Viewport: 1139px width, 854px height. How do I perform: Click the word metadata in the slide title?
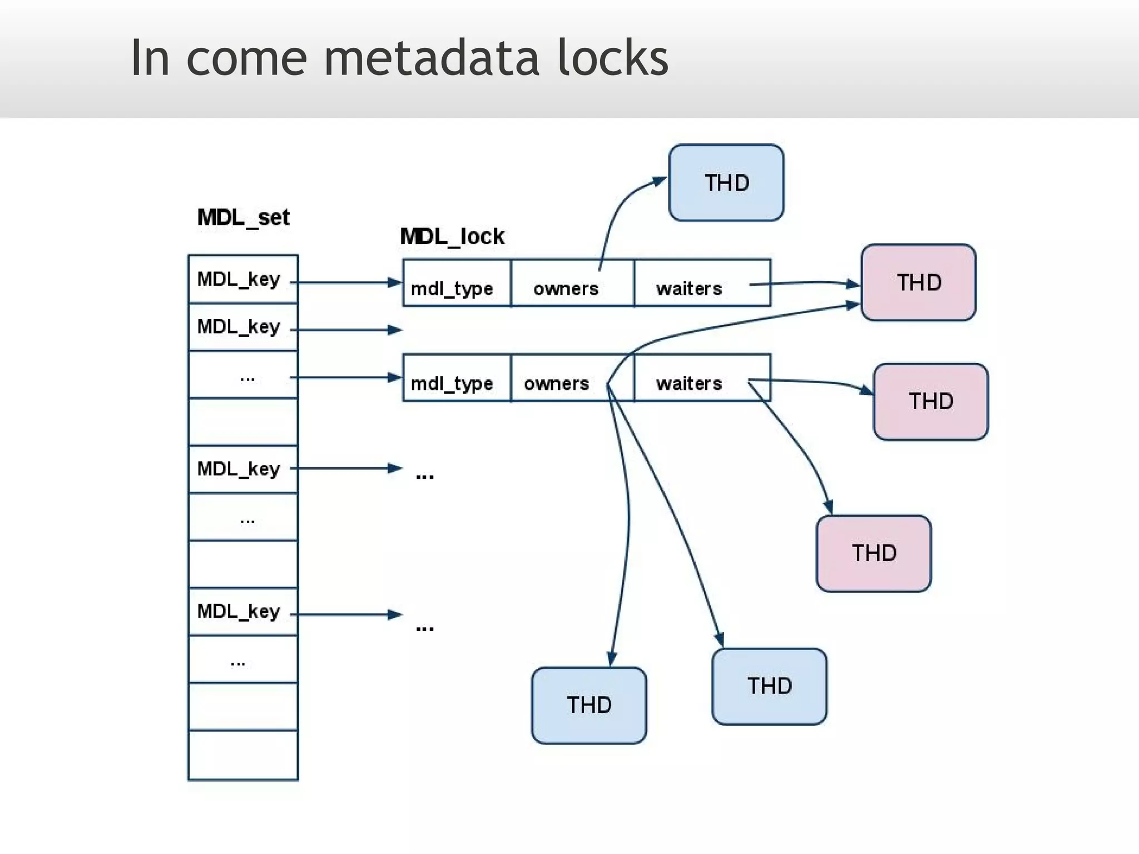431,58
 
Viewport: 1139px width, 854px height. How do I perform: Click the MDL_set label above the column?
243,217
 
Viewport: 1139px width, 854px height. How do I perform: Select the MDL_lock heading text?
452,237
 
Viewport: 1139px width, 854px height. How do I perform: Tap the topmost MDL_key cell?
243,279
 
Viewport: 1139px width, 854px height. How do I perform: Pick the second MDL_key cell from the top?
243,327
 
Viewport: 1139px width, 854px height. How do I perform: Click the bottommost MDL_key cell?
243,612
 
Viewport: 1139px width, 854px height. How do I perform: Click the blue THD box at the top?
726,183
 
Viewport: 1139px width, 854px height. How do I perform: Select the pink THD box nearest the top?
918,282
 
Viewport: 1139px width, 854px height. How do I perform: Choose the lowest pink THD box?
874,553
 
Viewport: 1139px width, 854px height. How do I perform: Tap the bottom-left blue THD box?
589,705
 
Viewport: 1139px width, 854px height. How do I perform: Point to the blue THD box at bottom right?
769,686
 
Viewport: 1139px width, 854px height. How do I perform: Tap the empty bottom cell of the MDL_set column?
243,755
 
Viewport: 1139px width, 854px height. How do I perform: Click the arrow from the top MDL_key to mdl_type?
345,282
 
